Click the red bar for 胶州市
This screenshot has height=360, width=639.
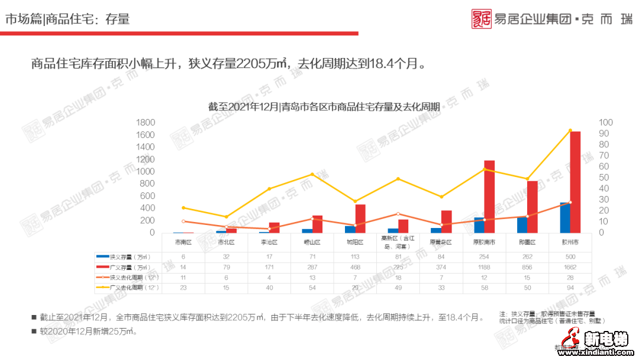coord(575,182)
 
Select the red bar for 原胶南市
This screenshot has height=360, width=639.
coord(489,197)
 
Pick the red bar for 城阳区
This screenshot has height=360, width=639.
coord(360,218)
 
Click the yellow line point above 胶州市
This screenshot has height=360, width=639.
coord(570,130)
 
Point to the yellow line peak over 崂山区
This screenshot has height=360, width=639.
coord(312,175)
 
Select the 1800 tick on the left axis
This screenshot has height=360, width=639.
coord(145,123)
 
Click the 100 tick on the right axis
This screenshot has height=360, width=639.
coord(606,123)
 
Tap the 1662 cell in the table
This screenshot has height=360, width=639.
coord(570,267)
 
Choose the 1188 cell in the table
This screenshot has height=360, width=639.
coord(484,267)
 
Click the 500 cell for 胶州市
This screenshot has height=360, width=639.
coord(570,257)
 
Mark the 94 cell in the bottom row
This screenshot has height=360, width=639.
coord(570,287)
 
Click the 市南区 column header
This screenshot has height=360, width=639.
coord(183,242)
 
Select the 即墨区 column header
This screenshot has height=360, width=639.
coord(527,242)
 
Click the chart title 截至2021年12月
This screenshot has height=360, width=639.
coord(324,107)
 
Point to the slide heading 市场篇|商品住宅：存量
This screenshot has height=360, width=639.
coord(67,20)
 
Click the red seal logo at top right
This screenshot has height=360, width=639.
coord(482,19)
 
